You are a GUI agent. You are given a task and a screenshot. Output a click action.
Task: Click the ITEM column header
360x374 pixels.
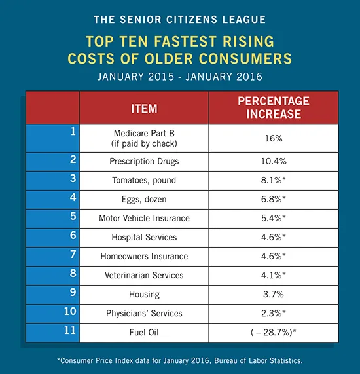tap(144, 109)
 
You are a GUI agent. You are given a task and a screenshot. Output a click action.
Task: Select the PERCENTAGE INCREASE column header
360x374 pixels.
tap(274, 107)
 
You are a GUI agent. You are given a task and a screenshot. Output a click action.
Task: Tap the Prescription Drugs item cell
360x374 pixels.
tap(144, 162)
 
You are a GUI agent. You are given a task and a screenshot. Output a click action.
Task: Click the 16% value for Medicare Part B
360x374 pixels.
tap(274, 138)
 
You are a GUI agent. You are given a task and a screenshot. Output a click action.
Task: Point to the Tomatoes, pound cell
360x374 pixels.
tap(144, 181)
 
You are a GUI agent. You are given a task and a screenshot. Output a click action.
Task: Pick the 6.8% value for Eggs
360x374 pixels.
tap(273, 199)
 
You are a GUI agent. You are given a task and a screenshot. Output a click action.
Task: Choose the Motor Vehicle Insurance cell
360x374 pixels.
tap(144, 218)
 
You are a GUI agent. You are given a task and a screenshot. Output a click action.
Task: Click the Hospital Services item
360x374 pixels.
tap(144, 237)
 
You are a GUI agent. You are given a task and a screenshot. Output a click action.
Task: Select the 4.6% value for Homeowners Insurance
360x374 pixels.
tap(273, 256)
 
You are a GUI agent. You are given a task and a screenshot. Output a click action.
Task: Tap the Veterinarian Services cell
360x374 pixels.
tap(144, 275)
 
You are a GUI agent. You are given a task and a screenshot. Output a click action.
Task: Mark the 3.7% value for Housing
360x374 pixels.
tap(274, 294)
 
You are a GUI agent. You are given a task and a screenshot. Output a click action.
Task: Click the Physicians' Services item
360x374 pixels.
tap(144, 314)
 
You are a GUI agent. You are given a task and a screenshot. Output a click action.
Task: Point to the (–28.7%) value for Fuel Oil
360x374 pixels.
tap(273, 332)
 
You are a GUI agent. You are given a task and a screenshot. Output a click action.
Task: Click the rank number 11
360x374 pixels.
tap(70, 330)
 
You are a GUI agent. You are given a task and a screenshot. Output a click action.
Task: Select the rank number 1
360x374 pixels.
tap(73, 132)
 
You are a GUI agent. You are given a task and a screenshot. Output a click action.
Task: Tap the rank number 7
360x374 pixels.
tap(73, 254)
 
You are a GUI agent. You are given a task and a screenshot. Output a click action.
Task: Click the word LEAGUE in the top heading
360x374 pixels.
tap(244, 20)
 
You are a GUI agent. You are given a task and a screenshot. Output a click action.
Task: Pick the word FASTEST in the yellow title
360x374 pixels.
tap(185, 41)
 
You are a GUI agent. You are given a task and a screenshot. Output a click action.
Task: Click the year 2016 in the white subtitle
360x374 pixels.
tap(249, 77)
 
